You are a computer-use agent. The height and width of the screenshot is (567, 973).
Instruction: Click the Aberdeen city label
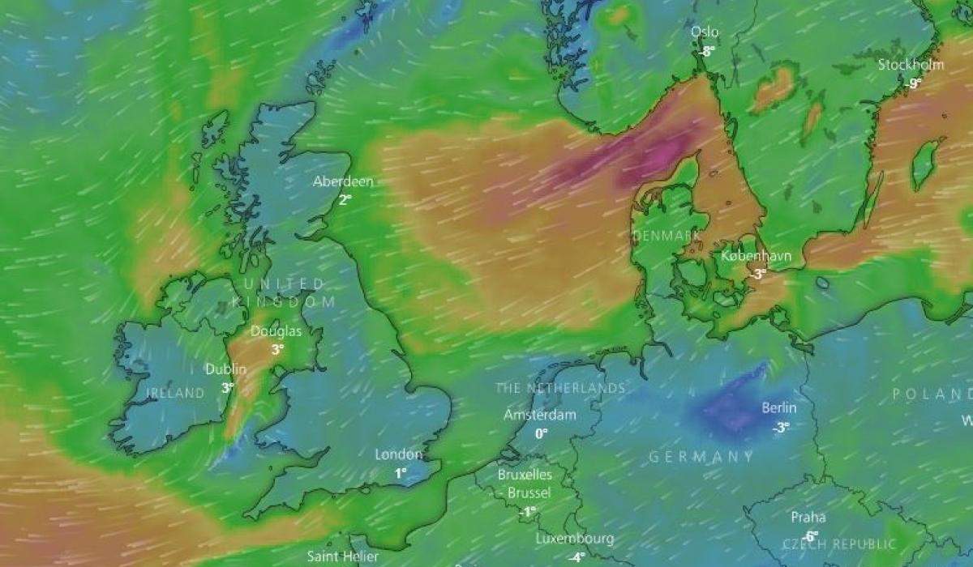tap(343, 181)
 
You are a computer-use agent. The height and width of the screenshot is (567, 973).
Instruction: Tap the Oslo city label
tap(705, 32)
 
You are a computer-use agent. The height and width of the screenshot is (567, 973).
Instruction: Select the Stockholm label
tap(911, 65)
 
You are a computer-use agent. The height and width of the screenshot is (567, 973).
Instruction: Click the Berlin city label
tap(779, 408)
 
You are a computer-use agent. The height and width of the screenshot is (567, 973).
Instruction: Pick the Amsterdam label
tap(540, 415)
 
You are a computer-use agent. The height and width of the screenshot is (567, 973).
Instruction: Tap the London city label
tap(399, 454)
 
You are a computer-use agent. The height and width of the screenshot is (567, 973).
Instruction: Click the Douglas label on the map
tap(276, 331)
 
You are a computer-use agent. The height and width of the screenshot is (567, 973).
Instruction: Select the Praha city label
tap(808, 517)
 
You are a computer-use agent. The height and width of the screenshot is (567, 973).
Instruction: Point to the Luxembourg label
tap(575, 539)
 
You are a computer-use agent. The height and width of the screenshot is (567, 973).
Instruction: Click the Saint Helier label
tap(343, 556)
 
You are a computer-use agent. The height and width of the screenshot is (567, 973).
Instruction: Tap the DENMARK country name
tap(666, 235)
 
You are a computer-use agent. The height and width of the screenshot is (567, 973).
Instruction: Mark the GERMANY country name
tap(702, 457)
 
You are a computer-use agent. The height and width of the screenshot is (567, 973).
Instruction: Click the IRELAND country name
tap(176, 393)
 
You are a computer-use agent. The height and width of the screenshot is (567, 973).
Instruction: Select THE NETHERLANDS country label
tap(561, 389)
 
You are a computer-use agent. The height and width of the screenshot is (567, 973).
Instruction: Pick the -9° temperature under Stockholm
tap(914, 83)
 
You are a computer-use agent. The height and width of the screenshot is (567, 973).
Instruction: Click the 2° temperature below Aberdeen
tap(344, 199)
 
